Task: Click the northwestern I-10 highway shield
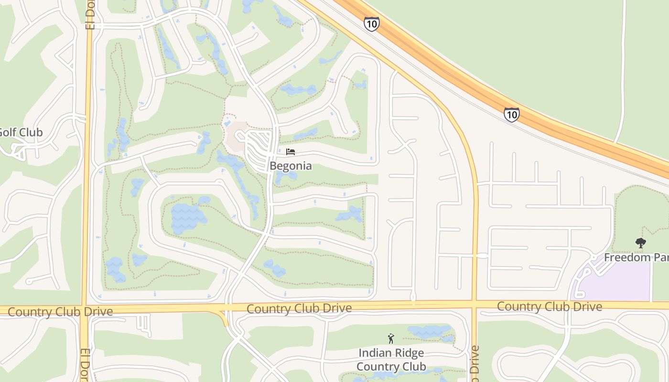[x=371, y=24]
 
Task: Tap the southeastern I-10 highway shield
[x=511, y=115]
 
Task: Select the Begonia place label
[x=291, y=166]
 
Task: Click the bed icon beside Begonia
[x=291, y=152]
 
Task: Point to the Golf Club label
[x=21, y=132]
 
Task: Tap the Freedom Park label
[x=636, y=257]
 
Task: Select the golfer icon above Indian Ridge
[x=391, y=339]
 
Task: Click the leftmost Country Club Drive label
[x=60, y=312]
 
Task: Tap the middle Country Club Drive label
[x=299, y=308]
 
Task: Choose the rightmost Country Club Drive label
[x=550, y=307]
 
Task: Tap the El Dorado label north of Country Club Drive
[x=90, y=14]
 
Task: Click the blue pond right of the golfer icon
[x=429, y=331]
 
